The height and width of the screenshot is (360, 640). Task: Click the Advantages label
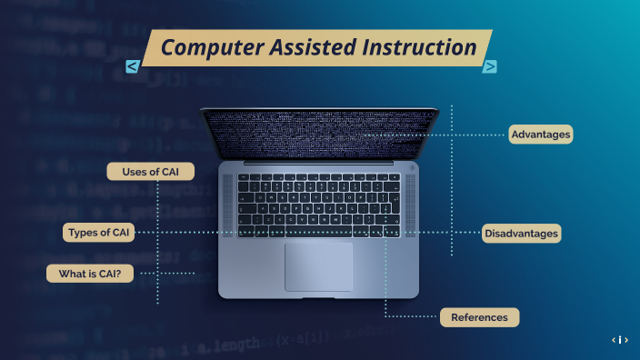coord(540,135)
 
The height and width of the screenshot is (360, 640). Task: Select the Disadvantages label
coord(521,234)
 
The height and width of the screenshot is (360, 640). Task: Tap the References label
coord(480,317)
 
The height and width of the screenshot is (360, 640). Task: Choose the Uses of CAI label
coord(151,172)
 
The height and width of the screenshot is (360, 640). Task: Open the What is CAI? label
coord(90,273)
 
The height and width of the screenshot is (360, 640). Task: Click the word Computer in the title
coord(212,46)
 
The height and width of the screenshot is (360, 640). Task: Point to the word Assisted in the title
coord(315,46)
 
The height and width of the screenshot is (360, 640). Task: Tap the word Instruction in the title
coord(420,46)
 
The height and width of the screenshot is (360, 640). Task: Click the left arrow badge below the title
coord(133,66)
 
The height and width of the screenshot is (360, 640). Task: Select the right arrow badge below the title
coord(490,65)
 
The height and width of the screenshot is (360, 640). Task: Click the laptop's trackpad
coord(318,266)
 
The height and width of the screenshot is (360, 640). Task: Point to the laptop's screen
coord(318,132)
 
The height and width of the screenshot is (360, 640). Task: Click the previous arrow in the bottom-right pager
coord(614,340)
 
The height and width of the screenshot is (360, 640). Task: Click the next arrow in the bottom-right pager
coord(627,340)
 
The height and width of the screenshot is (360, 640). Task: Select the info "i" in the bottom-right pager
coord(620,340)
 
